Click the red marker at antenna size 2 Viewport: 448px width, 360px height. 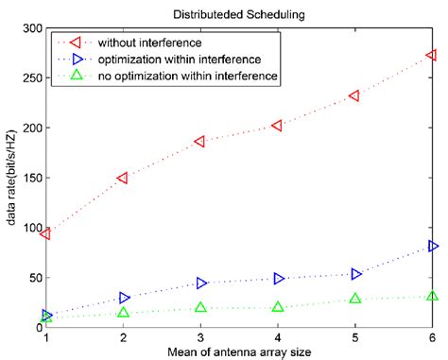tap(123, 178)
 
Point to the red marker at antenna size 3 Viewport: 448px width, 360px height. tap(200, 142)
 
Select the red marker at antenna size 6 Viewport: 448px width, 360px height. tap(432, 56)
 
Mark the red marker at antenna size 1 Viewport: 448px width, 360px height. tap(45, 233)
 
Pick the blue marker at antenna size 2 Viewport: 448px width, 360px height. tap(124, 298)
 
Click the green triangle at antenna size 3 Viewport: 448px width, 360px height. tap(200, 307)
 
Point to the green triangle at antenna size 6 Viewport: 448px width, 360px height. tap(432, 296)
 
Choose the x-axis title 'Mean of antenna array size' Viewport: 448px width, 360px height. tap(238, 351)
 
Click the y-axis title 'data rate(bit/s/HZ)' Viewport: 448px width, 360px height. tap(10, 178)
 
